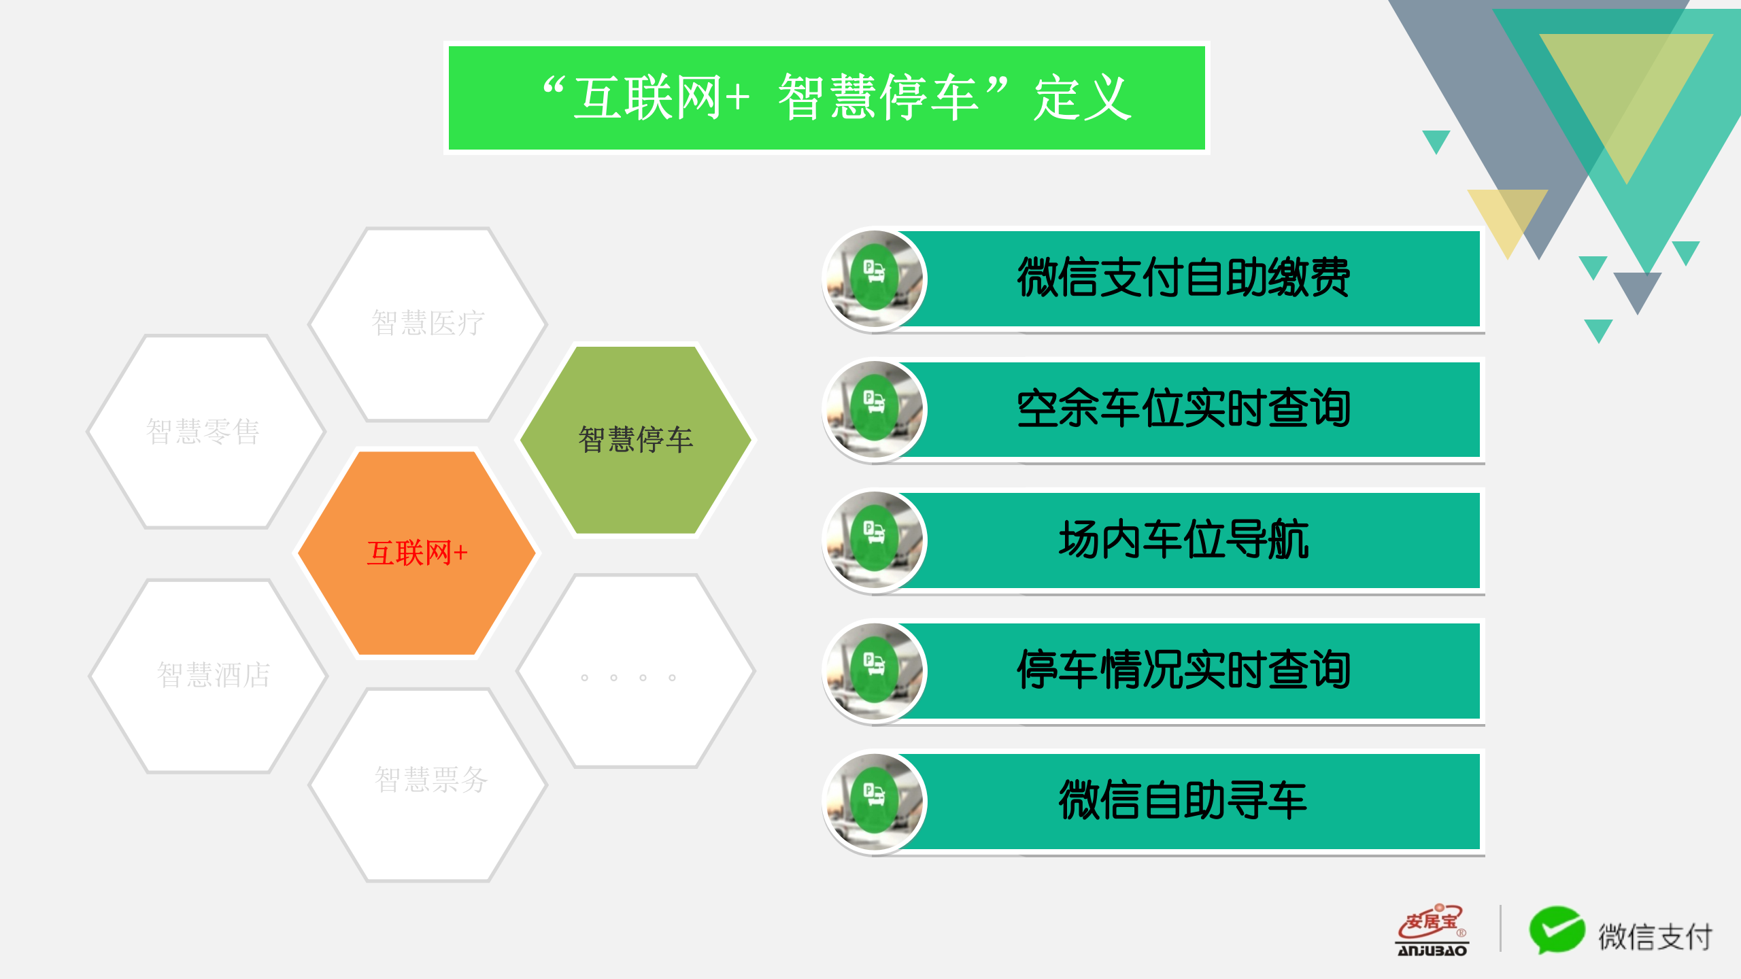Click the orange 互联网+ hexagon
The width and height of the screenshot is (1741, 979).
[417, 553]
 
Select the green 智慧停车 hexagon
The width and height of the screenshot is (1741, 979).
[636, 439]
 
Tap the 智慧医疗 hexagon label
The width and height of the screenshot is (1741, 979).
[428, 323]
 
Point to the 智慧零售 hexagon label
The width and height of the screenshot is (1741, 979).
[203, 432]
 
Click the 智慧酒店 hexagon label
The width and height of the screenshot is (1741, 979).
[213, 675]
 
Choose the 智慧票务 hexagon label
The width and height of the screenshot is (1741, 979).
[431, 780]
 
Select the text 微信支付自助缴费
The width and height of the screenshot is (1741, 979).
[1183, 278]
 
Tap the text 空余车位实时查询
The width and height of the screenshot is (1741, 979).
[1183, 409]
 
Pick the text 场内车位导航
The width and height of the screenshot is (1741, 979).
[1183, 540]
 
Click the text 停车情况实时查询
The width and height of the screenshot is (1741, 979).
[1183, 670]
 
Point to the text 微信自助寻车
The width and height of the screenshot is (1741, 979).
[1183, 800]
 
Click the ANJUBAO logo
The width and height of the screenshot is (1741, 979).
[1432, 931]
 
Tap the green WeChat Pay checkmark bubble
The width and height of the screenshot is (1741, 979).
[1556, 929]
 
